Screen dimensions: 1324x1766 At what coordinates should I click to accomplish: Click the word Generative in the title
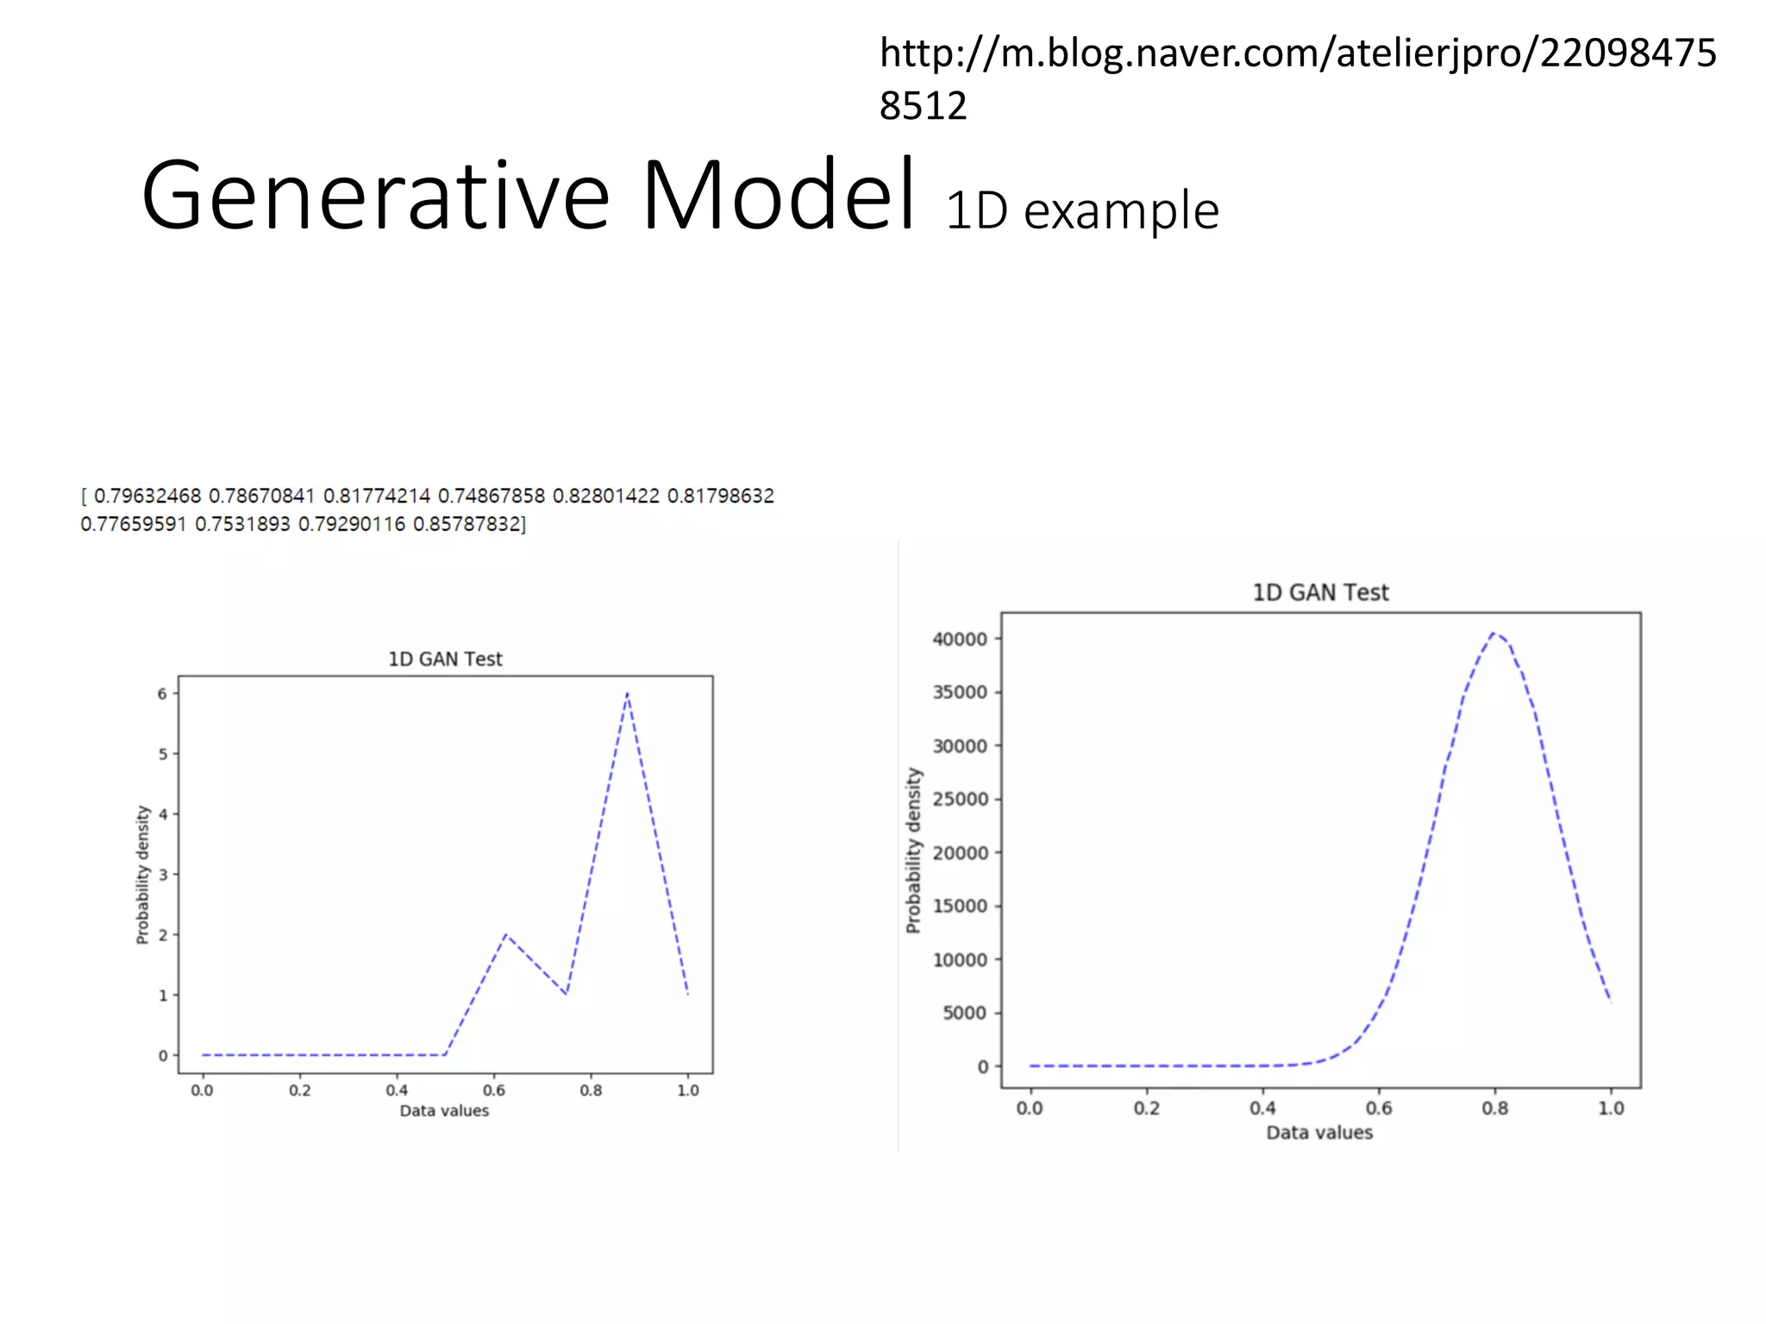(375, 197)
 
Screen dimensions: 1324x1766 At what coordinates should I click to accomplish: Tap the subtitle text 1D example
(1081, 211)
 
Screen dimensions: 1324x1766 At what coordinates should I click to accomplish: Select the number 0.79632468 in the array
(147, 496)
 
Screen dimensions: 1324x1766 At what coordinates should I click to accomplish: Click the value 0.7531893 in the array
(242, 524)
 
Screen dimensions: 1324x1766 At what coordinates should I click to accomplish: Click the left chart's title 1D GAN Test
(445, 659)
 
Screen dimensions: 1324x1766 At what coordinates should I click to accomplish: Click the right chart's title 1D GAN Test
(1320, 593)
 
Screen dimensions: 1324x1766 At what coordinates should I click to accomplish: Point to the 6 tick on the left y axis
(161, 694)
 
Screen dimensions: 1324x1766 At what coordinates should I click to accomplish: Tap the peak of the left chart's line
(627, 693)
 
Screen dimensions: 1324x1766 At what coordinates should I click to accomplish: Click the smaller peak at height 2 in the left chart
(505, 934)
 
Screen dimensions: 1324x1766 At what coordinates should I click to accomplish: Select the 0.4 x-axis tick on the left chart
(397, 1090)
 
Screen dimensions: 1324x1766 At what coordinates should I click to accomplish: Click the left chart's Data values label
(444, 1111)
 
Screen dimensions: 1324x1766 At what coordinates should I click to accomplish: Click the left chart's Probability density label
(143, 874)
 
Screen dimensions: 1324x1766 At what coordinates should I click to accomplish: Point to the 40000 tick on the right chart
(959, 640)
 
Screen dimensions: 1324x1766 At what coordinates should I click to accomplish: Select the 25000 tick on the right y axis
(959, 799)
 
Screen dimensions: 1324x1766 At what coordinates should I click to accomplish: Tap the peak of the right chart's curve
(1494, 634)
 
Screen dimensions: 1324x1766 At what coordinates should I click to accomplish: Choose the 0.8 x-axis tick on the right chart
(1494, 1109)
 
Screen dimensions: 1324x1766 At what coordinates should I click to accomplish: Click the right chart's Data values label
(1319, 1133)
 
